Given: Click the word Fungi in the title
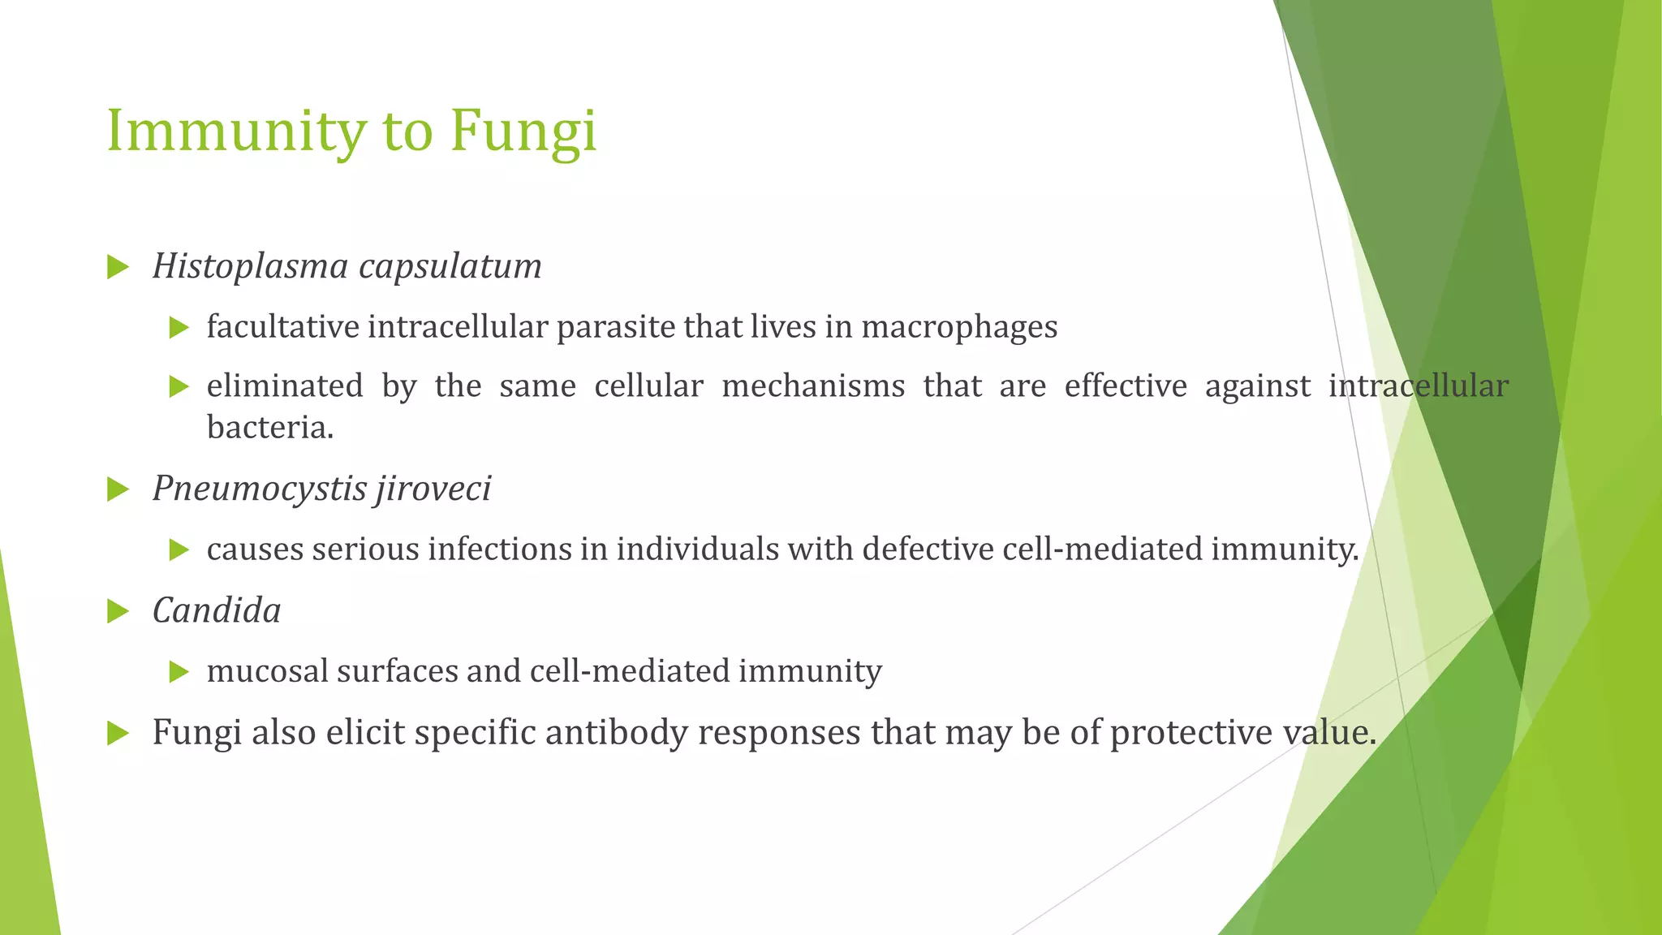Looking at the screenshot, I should (523, 131).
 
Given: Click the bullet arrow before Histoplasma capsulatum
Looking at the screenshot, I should (118, 267).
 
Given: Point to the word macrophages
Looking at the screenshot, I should (959, 327).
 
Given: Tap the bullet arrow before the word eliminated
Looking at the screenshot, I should (179, 386).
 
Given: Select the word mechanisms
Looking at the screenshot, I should (813, 386).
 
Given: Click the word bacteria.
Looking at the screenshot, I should (269, 428).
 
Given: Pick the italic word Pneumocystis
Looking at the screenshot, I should (257, 489).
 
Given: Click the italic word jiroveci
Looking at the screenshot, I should (433, 489).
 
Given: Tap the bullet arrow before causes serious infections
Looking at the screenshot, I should (179, 550).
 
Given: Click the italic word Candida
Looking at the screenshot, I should (217, 610).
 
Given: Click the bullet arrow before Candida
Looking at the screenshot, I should (118, 611).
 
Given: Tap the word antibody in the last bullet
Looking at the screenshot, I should (616, 732).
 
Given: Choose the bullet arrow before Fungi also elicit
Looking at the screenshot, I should (118, 733).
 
